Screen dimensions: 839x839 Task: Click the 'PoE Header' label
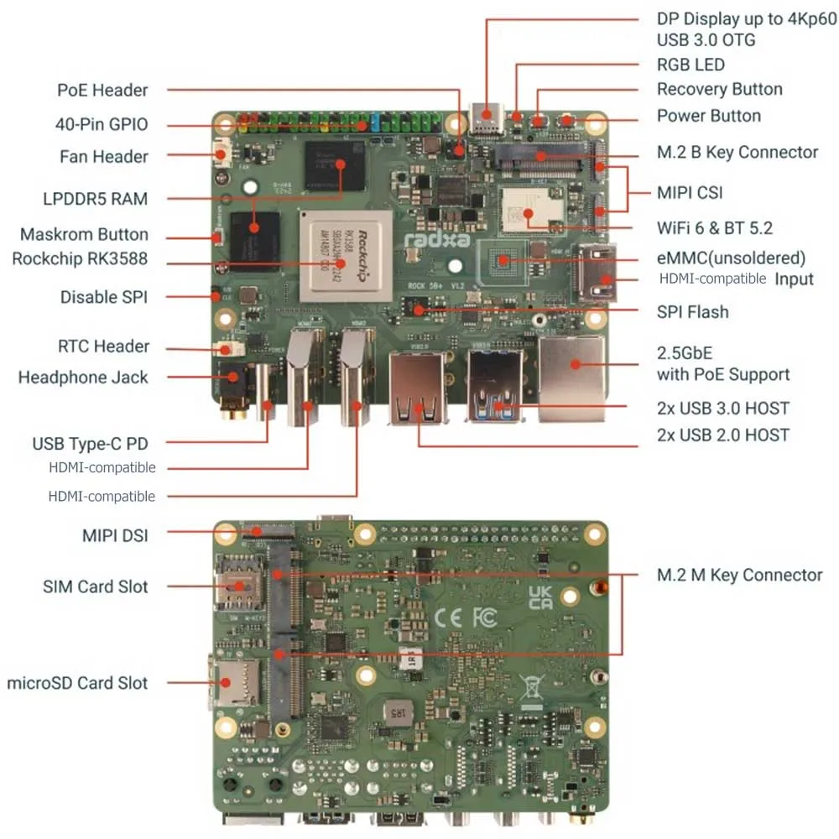tap(102, 90)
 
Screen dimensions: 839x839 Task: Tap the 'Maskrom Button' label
tap(84, 234)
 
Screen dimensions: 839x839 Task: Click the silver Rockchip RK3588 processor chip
tap(346, 255)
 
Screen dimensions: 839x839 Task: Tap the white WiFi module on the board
tap(525, 210)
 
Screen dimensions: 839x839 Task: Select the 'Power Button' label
tap(708, 116)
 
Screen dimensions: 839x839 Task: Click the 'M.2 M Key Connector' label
tap(738, 575)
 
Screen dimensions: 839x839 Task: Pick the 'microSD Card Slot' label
tap(77, 683)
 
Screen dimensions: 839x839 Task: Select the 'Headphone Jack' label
tap(83, 378)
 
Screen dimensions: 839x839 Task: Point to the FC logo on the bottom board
tap(484, 618)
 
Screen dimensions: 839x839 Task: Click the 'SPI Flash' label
tap(692, 312)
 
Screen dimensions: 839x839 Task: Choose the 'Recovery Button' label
tap(719, 89)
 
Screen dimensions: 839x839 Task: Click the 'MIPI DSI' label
tap(115, 534)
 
